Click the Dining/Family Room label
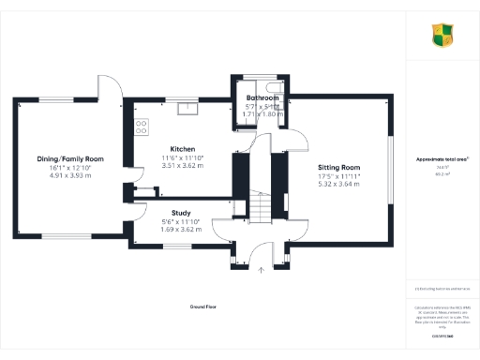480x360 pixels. (x=70, y=159)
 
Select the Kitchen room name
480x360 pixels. (x=182, y=149)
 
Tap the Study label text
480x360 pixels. (x=169, y=212)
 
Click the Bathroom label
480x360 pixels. (x=262, y=98)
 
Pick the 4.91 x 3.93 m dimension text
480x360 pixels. (x=70, y=174)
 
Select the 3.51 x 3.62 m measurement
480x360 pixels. (x=182, y=166)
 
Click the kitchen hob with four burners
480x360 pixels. (x=142, y=125)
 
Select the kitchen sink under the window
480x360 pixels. (x=189, y=106)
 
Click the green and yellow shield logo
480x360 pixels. (x=442, y=37)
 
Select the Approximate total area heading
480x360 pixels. (x=442, y=159)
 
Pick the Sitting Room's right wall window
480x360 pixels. (x=391, y=171)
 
